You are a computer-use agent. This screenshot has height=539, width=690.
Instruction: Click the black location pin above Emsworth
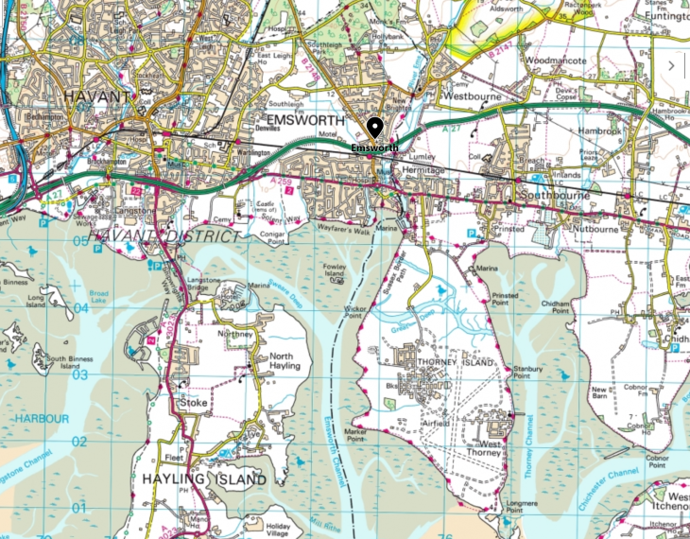(x=375, y=129)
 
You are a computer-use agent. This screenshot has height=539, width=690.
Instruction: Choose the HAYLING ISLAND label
(x=203, y=479)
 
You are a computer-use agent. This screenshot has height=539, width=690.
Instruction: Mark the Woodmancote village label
(x=556, y=61)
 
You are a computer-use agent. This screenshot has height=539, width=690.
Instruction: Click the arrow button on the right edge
(x=672, y=66)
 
